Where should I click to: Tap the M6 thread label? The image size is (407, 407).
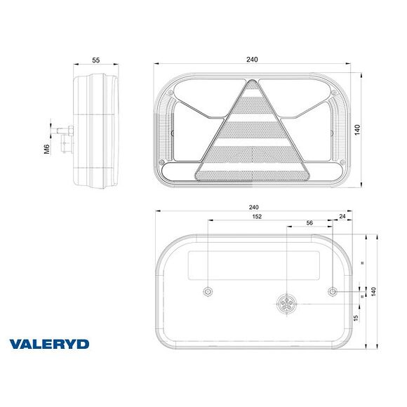coord(46,148)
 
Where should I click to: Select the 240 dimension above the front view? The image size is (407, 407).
coord(252,60)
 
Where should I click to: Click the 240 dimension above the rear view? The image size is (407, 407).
coord(254,207)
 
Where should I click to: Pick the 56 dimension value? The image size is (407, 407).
coord(309,222)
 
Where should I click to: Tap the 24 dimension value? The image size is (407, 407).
coord(342,217)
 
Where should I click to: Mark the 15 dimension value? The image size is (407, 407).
coord(356,318)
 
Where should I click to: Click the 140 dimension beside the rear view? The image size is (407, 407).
coord(374,291)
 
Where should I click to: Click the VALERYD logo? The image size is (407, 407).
coord(49,344)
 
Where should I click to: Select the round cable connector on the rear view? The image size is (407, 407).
coord(288,304)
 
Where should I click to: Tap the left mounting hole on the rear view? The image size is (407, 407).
coord(208,291)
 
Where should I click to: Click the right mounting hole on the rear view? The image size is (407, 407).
coord(333,291)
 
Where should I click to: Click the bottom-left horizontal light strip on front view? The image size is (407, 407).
coord(179,171)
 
